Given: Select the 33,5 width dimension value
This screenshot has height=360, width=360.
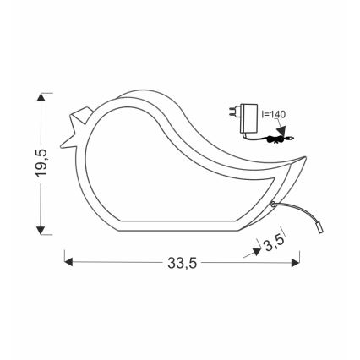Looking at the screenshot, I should [x=181, y=264].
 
